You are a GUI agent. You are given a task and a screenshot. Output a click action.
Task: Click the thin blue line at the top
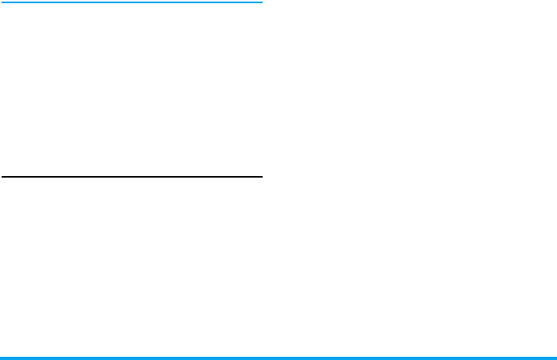[131, 2]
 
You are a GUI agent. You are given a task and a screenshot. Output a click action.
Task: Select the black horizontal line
[131, 176]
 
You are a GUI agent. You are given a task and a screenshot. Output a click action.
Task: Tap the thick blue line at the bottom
[278, 358]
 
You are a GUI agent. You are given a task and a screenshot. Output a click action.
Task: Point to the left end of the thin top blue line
[1, 2]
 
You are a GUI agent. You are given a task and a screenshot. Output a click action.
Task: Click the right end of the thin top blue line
[261, 2]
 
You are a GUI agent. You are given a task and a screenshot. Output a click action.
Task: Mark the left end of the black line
[1, 176]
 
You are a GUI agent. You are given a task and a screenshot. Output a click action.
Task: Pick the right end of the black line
[261, 176]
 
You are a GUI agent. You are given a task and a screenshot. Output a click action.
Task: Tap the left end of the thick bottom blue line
[1, 358]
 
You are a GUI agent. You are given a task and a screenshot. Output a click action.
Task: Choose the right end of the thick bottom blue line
[555, 358]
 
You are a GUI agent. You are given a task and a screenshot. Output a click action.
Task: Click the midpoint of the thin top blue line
[131, 2]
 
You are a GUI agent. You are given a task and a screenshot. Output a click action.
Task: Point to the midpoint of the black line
[131, 176]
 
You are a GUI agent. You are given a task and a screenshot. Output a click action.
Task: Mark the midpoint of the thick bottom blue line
[278, 358]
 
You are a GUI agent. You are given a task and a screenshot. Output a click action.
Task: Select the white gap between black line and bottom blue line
[131, 266]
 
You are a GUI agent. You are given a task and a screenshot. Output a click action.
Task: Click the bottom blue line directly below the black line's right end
[261, 358]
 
